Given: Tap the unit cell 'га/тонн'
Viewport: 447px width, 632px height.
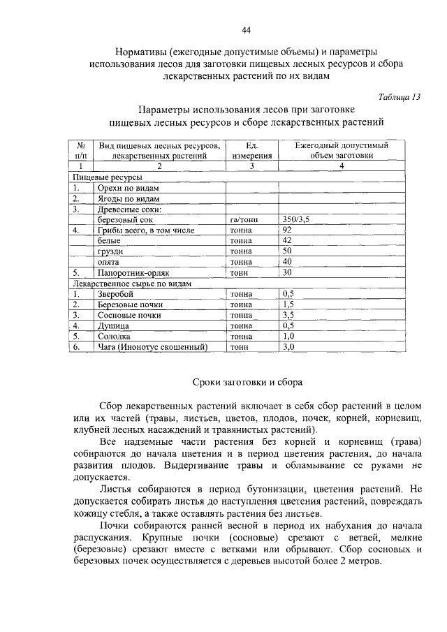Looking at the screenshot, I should pos(244,219).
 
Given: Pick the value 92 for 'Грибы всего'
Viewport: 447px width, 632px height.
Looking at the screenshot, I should pos(287,230).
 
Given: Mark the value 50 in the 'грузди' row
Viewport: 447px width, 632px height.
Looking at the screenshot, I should pos(287,250).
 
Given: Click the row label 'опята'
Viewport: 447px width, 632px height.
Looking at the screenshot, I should pos(108,260).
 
